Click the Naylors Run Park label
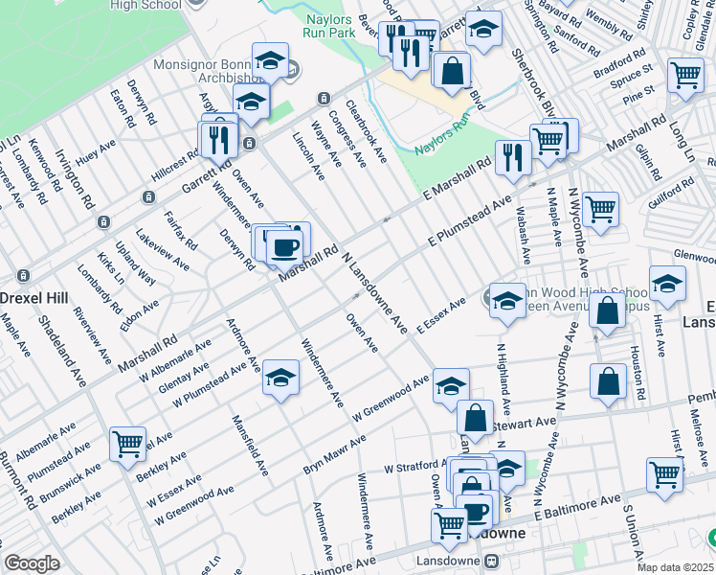(x=329, y=25)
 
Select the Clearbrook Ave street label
(x=367, y=130)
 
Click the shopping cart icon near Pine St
(x=685, y=75)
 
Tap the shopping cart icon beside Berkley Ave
(x=127, y=443)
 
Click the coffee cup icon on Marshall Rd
(x=284, y=248)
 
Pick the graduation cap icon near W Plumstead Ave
(x=280, y=378)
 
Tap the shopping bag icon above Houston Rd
(x=607, y=310)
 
